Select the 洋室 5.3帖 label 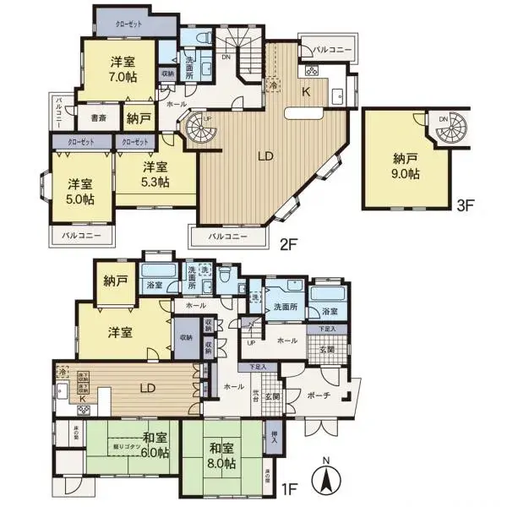pos(155,174)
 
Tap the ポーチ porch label pos(319,395)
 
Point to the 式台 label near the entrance pos(254,394)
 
